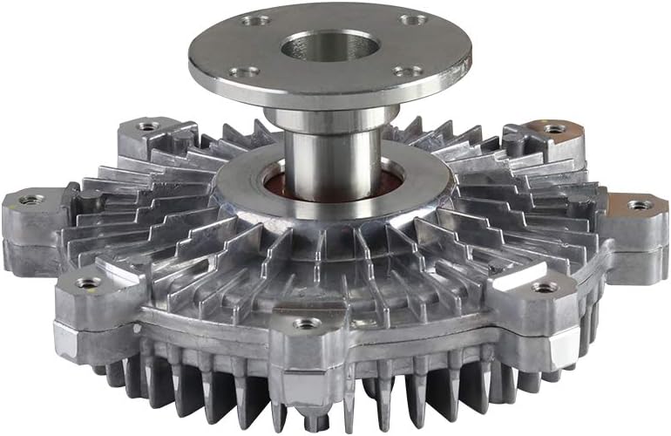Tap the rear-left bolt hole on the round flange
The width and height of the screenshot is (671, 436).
pos(255,19)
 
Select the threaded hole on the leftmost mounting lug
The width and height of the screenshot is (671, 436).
pos(31,200)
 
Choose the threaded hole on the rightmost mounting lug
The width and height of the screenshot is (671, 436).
pos(640,205)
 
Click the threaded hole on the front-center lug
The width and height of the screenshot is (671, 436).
pos(307,324)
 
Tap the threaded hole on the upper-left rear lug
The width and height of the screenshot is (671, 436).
pos(149,126)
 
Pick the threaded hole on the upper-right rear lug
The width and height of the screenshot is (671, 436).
pos(554,128)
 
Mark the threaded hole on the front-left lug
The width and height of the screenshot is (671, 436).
pos(89,283)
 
